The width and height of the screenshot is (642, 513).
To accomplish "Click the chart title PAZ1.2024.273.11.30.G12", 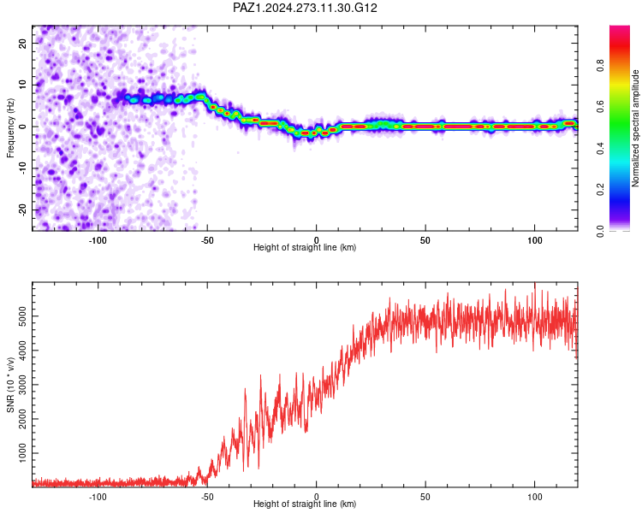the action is [x=305, y=8].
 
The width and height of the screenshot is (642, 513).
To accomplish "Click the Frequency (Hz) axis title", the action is [x=10, y=128].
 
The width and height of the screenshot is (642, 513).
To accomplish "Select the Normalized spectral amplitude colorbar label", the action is [x=635, y=128].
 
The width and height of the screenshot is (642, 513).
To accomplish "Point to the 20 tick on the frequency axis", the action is [x=23, y=43].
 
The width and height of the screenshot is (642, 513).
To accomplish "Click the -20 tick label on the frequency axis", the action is [x=23, y=209].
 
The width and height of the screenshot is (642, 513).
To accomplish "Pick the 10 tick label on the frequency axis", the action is [x=23, y=85].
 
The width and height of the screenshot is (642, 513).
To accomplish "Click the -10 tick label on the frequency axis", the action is [x=23, y=168].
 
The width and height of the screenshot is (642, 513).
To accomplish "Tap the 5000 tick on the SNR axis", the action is [x=23, y=316].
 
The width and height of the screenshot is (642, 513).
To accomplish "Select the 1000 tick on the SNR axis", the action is [x=23, y=453].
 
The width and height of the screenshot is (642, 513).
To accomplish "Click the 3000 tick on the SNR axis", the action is [x=23, y=385].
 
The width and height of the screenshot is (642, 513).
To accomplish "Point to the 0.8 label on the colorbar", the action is [x=600, y=66].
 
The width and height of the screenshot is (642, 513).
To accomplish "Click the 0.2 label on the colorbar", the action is [x=600, y=190].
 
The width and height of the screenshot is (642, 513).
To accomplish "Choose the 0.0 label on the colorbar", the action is [x=600, y=231].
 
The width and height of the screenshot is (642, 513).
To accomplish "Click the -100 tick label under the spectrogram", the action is [x=98, y=240].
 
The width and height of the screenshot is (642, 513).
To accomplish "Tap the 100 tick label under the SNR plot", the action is [x=535, y=497].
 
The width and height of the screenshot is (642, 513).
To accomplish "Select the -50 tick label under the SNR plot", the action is [x=207, y=497].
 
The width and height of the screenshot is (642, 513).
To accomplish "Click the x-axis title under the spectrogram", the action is [x=305, y=247].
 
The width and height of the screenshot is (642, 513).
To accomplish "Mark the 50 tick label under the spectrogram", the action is [x=425, y=240].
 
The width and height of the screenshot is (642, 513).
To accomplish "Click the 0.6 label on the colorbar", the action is [x=600, y=107].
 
